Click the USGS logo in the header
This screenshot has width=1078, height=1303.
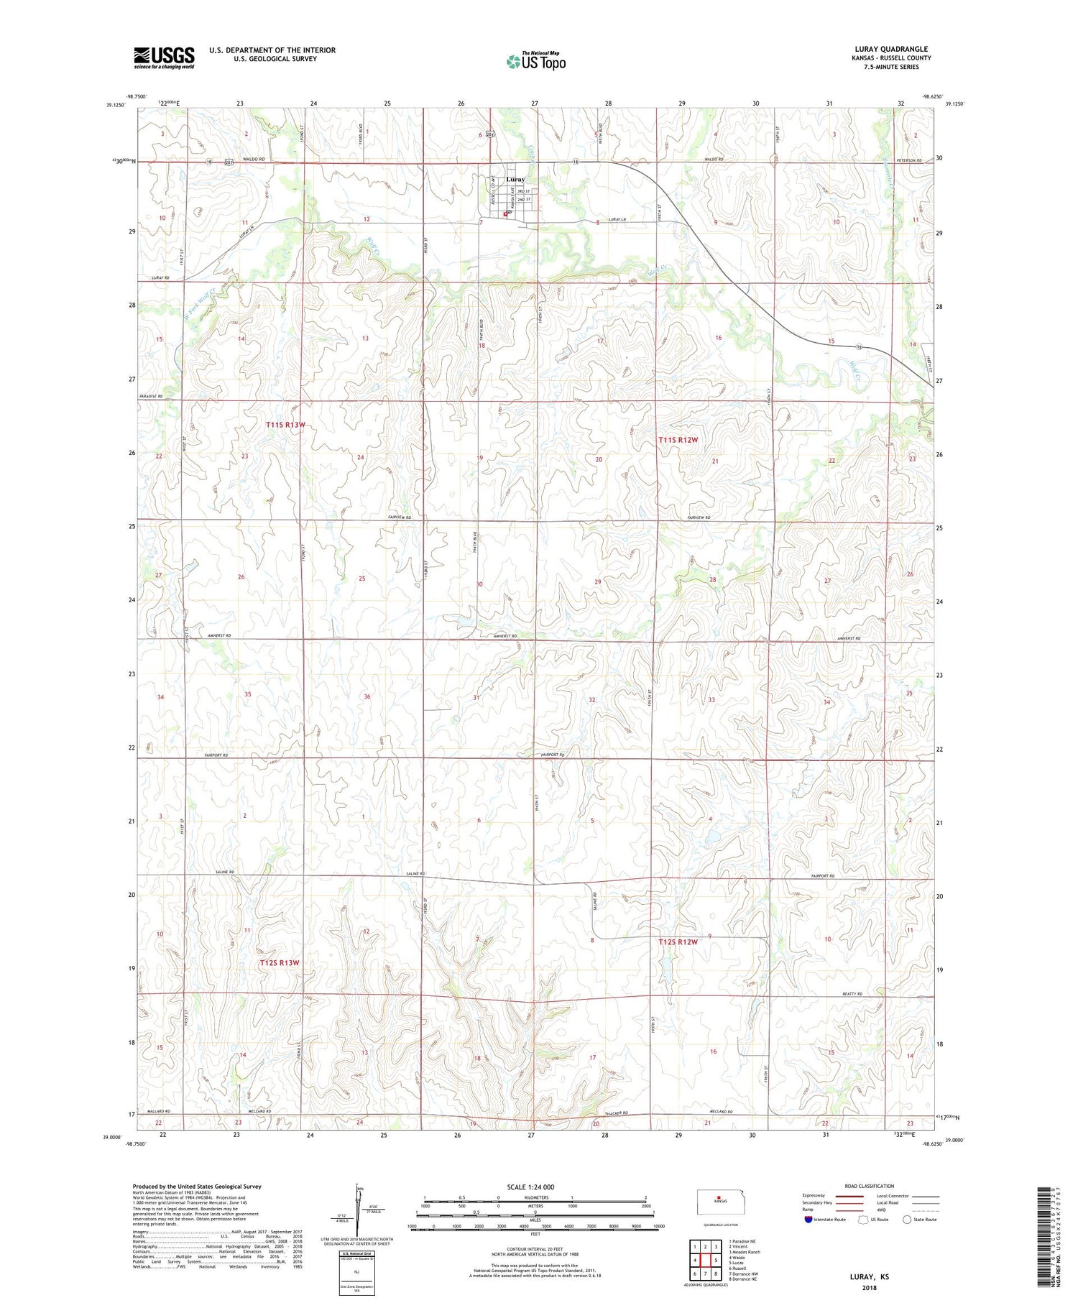[x=164, y=57]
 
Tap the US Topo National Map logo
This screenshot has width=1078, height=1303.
[x=536, y=61]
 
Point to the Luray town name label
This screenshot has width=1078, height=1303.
[x=515, y=179]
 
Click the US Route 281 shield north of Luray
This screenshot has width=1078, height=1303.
[x=490, y=134]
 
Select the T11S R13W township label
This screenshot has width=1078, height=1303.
[x=285, y=425]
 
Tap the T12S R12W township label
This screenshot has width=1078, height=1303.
[x=678, y=941]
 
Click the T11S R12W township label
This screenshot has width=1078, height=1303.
[x=678, y=439]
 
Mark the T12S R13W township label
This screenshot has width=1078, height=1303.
[x=279, y=962]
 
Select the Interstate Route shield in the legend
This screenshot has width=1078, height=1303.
[x=809, y=1220]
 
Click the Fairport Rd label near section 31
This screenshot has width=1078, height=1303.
[x=553, y=755]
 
